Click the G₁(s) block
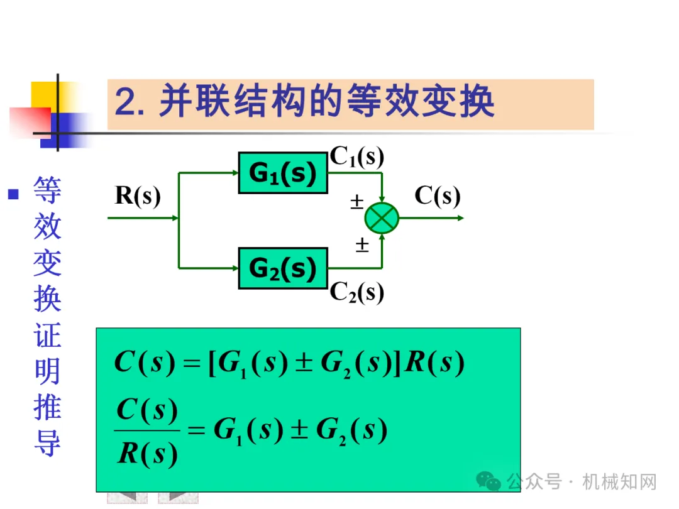point(283,173)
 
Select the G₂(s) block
point(283,268)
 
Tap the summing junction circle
point(382,218)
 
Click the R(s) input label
point(138,196)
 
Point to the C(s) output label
point(438,196)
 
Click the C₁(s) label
point(357,158)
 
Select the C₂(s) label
point(357,292)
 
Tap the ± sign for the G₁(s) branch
point(356,202)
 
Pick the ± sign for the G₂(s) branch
point(362,245)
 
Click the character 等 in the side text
point(47,189)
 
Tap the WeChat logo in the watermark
point(488,482)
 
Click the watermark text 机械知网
point(619,482)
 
